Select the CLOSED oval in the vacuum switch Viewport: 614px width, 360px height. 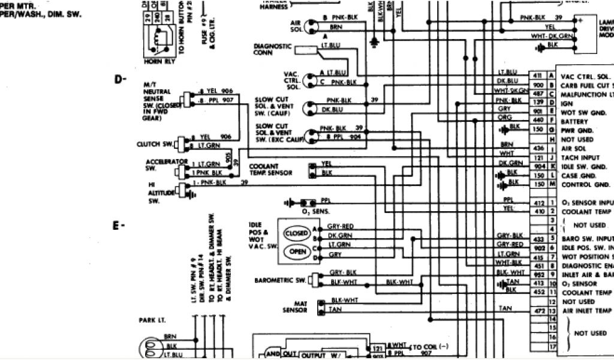point(298,233)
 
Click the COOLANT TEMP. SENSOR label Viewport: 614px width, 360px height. point(271,169)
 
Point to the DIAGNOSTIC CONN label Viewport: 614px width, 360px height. point(272,49)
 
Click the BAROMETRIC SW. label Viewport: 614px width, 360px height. point(281,280)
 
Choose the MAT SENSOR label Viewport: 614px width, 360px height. point(295,307)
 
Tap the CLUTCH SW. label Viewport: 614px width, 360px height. point(155,144)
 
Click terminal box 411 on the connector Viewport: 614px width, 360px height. point(537,76)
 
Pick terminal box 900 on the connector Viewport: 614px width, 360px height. point(537,85)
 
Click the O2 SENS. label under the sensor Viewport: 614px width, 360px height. point(313,212)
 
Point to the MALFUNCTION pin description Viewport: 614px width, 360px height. point(585,94)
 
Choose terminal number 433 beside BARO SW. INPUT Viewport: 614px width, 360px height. point(537,238)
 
